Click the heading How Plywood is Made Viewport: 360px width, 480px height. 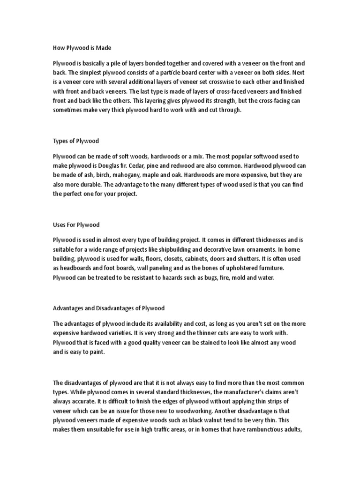pyautogui.click(x=82, y=48)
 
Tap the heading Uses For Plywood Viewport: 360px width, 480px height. pyautogui.click(x=76, y=225)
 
